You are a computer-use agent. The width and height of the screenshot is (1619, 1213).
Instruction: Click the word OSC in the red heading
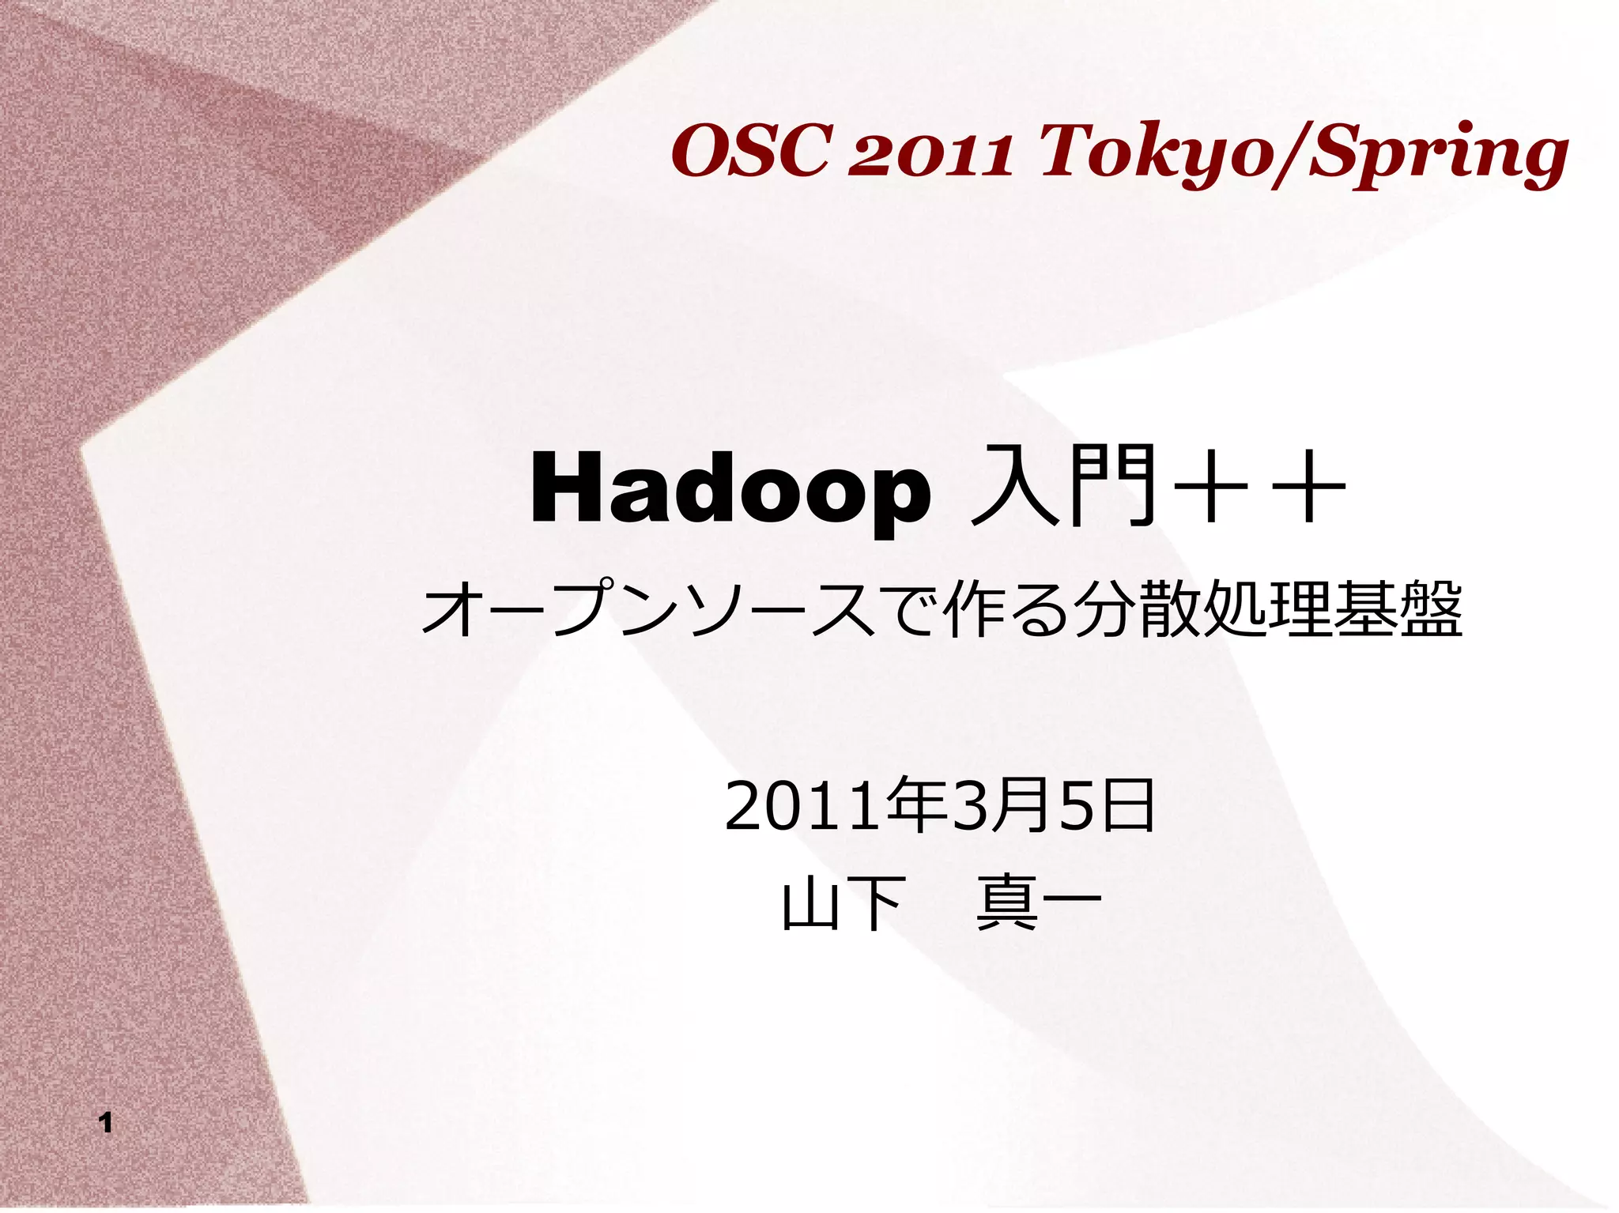click(749, 153)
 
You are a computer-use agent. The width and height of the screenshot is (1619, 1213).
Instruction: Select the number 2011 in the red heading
click(930, 154)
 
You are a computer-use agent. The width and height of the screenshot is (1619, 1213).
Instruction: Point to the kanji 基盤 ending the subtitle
click(1397, 609)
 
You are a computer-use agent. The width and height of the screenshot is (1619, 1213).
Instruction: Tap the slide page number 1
click(106, 1123)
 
